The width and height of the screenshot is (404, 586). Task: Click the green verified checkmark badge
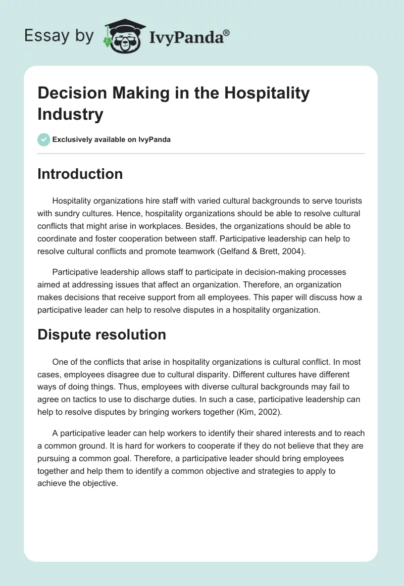(x=44, y=139)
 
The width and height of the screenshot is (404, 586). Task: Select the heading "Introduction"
(x=80, y=174)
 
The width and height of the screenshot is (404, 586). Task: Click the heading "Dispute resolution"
(x=102, y=334)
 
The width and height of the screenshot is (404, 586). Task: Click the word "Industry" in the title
(x=70, y=114)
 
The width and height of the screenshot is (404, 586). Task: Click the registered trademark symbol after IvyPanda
(x=227, y=32)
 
